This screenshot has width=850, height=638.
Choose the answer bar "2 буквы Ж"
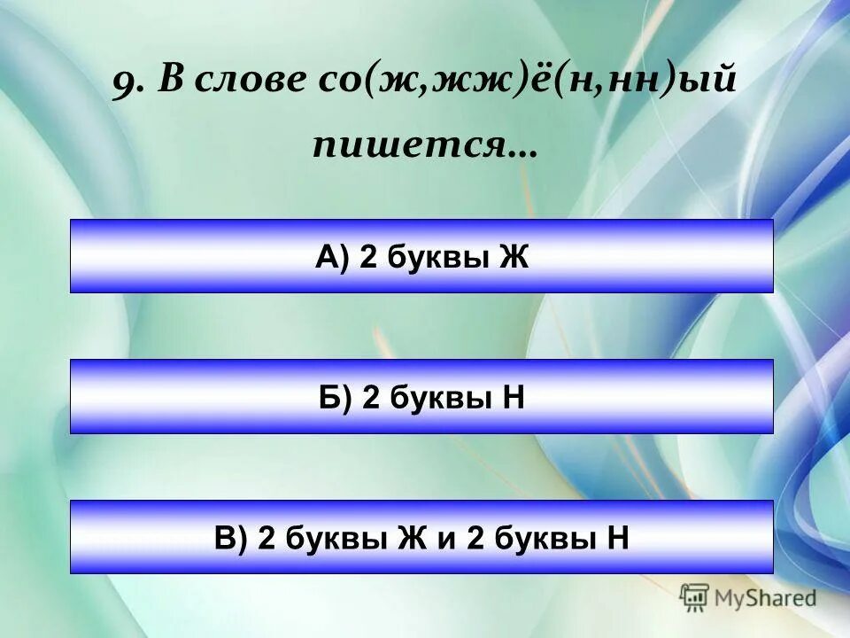point(421,256)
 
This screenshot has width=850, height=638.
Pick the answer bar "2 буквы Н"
point(421,396)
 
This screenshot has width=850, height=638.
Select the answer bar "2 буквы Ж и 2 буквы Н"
point(421,537)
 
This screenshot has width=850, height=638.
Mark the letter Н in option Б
point(514,397)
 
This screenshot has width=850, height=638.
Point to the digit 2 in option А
point(367,257)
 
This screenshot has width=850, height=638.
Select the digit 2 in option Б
point(371,397)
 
